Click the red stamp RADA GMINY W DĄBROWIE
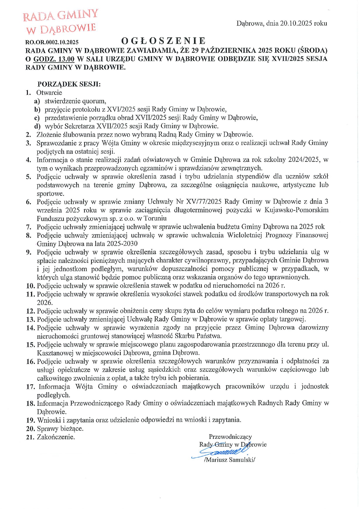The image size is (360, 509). tap(60, 21)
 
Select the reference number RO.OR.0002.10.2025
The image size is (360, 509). tap(52, 42)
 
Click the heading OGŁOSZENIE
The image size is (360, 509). tap(163, 41)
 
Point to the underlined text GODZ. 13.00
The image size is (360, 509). tap(54, 59)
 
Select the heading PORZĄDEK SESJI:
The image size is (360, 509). tap(69, 84)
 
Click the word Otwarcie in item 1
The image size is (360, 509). tap(49, 93)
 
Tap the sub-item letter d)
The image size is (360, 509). tap(37, 126)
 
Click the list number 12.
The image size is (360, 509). tap(30, 311)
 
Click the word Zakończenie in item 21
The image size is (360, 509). tap(56, 437)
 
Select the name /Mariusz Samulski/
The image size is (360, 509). tap(229, 460)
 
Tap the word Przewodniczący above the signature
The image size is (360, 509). tap(230, 437)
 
